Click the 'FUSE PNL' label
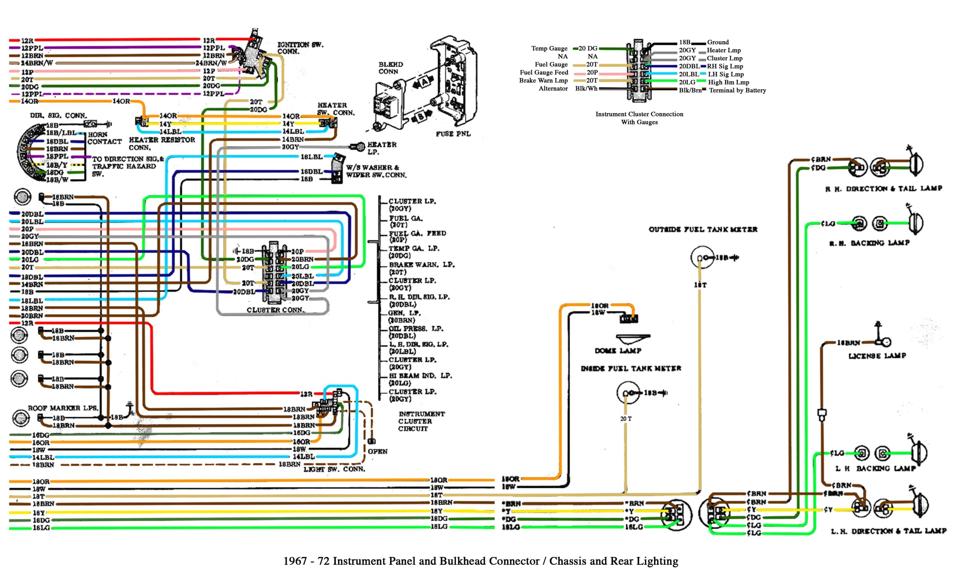pos(453,133)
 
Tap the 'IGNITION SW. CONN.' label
pos(300,48)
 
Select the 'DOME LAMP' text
pos(618,351)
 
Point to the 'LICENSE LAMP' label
pos(877,356)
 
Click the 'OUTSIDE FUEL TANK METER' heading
pos(703,229)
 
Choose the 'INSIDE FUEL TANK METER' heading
pos(631,368)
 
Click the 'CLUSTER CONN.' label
pos(276,310)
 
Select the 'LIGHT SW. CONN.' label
pos(334,469)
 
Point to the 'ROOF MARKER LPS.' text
pos(62,408)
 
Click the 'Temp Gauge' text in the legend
pos(549,48)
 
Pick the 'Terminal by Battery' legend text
pos(737,90)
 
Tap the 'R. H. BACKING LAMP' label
pos(869,243)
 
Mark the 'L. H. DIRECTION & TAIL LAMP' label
pos(888,531)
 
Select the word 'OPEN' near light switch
pos(377,451)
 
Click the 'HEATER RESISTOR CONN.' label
pos(161,143)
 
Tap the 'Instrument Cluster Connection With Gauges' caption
pos(639,118)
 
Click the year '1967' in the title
pos(295,561)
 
